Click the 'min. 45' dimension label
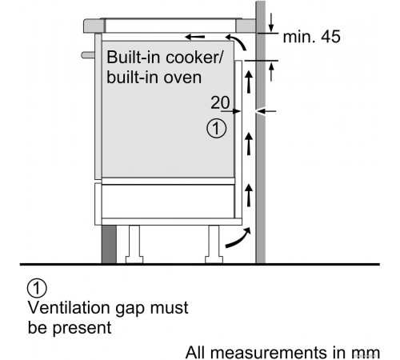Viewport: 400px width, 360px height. (311, 37)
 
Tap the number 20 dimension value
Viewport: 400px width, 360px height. (220, 102)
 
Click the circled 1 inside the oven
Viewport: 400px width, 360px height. (216, 129)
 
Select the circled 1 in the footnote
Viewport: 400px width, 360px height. (37, 288)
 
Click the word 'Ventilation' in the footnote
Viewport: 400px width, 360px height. (70, 308)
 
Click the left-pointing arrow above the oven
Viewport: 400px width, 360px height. (195, 37)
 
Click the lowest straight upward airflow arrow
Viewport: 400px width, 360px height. (249, 196)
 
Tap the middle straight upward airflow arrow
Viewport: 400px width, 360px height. (249, 144)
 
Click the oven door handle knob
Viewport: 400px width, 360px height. (88, 55)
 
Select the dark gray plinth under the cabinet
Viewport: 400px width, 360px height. (109, 244)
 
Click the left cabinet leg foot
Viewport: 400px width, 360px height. (134, 259)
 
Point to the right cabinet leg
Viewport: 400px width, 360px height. (214, 244)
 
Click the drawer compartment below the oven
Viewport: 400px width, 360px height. (168, 201)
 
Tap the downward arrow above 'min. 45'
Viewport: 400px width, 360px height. (271, 22)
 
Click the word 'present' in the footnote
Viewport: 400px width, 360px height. (82, 328)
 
